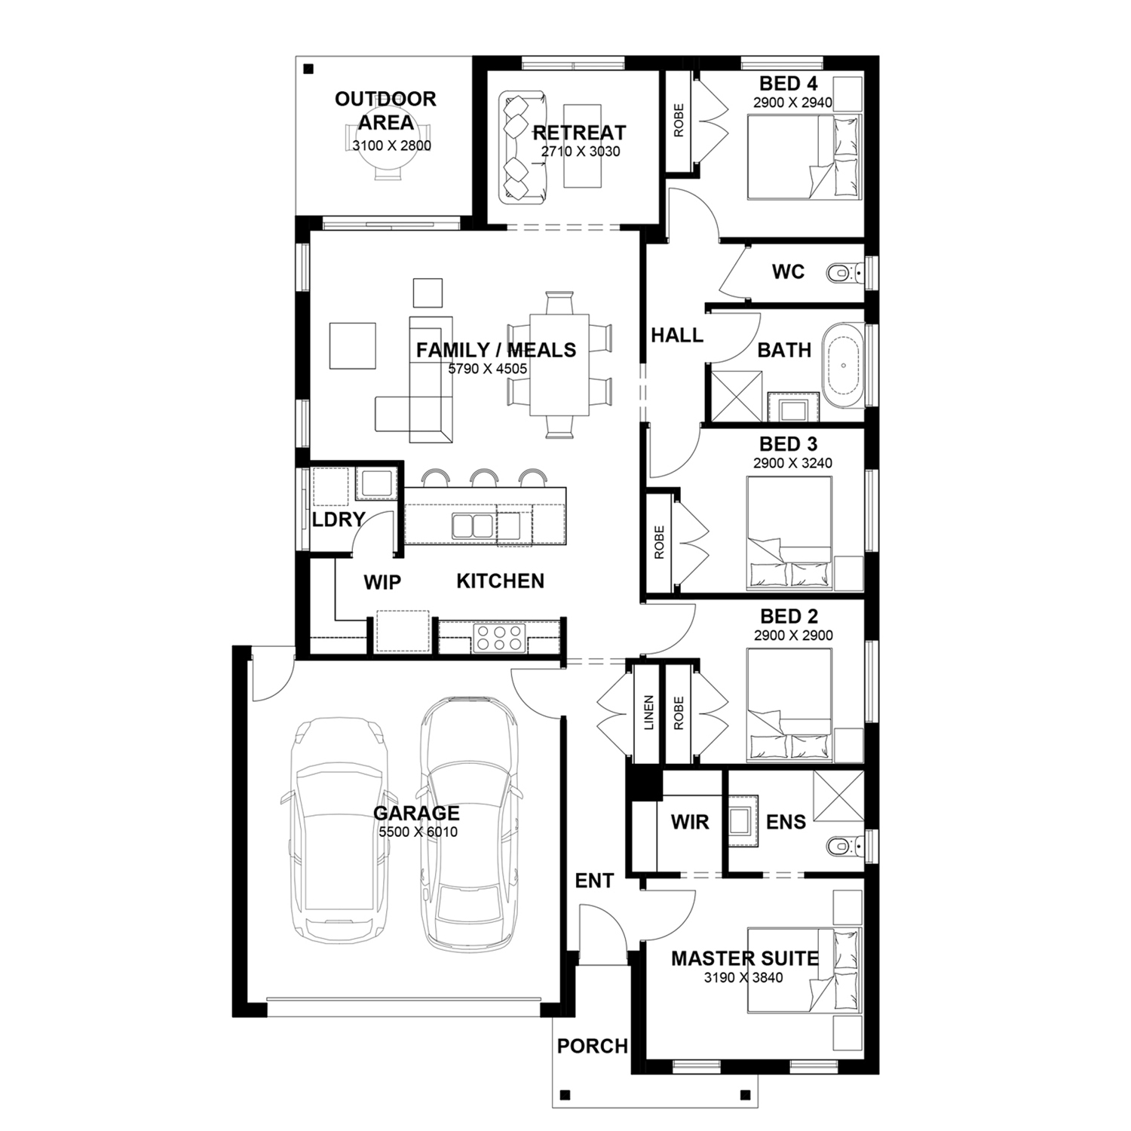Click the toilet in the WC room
pyautogui.click(x=845, y=271)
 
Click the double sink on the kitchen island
pyautogui.click(x=473, y=526)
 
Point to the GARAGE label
pyautogui.click(x=416, y=813)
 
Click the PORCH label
pyautogui.click(x=593, y=1046)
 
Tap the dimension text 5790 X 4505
pyautogui.click(x=488, y=369)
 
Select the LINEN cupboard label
pyautogui.click(x=649, y=713)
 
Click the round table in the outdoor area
pyautogui.click(x=386, y=162)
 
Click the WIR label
pyautogui.click(x=690, y=822)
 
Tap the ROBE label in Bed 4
pyautogui.click(x=679, y=121)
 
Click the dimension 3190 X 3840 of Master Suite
pyautogui.click(x=743, y=978)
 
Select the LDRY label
pyautogui.click(x=339, y=520)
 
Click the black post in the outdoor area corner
pyautogui.click(x=308, y=69)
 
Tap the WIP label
pyautogui.click(x=382, y=582)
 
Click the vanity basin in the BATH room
pyautogui.click(x=793, y=409)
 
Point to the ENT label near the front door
pyautogui.click(x=594, y=881)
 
